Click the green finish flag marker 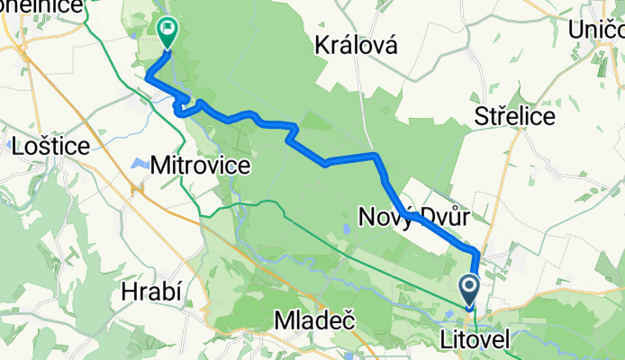pyautogui.click(x=168, y=31)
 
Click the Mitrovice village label pyautogui.click(x=199, y=166)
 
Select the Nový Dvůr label pyautogui.click(x=413, y=216)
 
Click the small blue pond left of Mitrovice pyautogui.click(x=139, y=164)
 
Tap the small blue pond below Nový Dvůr pyautogui.click(x=346, y=229)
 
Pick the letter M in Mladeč pyautogui.click(x=282, y=320)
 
